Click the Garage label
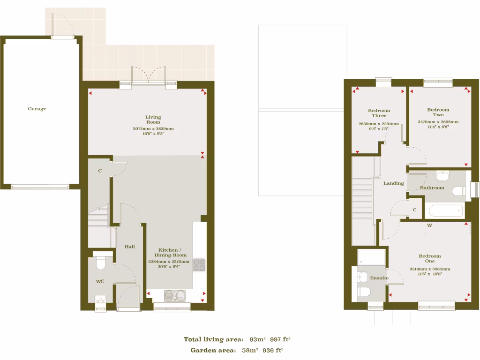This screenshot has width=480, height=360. [x=37, y=109]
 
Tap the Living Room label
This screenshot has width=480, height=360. [x=153, y=120]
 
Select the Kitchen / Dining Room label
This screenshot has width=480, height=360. [x=169, y=253]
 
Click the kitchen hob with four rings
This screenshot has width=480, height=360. [x=199, y=265]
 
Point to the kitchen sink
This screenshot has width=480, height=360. [x=175, y=295]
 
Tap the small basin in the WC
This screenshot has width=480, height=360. [x=101, y=299]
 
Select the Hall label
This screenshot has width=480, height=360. [x=130, y=247]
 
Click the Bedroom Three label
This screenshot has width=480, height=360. [x=379, y=113]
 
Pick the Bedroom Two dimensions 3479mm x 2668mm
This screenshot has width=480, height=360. [x=438, y=122]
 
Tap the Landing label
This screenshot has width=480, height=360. [x=394, y=183]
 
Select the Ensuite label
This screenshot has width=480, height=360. [x=379, y=278]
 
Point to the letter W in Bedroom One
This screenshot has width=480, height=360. [x=429, y=225]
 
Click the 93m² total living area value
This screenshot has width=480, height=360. [x=257, y=339]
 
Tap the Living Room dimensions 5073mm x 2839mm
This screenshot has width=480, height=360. [x=153, y=128]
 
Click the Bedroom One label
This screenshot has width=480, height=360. [x=430, y=259]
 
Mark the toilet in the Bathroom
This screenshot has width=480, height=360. [x=459, y=191]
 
